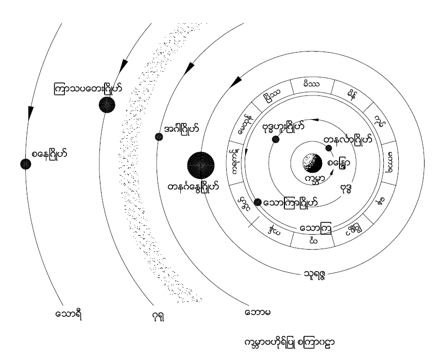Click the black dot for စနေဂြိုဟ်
click(x=24, y=163)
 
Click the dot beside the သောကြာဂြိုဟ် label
click(x=258, y=202)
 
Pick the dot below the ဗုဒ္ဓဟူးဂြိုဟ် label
click(x=275, y=140)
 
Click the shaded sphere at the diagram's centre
click(x=311, y=165)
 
